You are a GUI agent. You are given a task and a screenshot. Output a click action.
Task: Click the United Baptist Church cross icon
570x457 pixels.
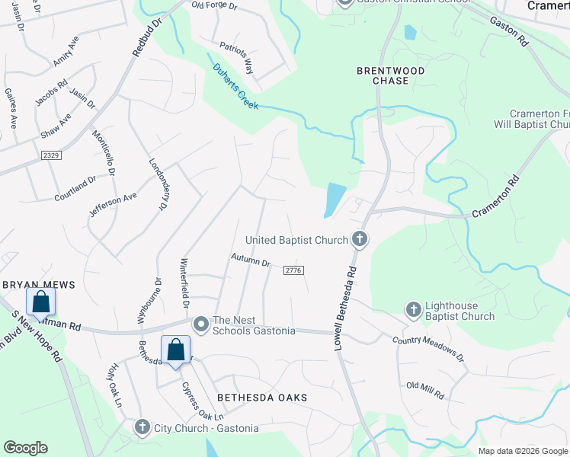click(360, 240)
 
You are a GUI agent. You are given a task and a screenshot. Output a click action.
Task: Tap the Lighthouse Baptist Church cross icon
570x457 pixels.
click(413, 309)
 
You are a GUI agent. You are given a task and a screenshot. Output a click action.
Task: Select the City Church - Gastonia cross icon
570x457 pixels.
click(142, 427)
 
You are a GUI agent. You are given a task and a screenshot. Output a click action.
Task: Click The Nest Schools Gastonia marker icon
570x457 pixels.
click(201, 324)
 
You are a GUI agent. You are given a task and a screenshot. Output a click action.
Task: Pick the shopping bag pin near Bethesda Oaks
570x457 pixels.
click(175, 351)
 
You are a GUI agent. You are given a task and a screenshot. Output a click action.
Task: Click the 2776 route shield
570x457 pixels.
click(293, 270)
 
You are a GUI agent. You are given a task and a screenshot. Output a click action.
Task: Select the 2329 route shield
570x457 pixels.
click(51, 155)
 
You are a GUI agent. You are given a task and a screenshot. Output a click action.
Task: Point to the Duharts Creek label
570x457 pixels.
click(235, 85)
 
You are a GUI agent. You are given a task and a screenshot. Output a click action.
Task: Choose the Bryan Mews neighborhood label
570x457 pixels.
click(39, 284)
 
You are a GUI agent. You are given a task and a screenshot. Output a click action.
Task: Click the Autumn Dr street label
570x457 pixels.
click(251, 261)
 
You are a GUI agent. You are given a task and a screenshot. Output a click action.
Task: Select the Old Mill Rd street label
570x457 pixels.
click(425, 391)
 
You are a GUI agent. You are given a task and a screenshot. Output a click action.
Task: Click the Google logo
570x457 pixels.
click(26, 448)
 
